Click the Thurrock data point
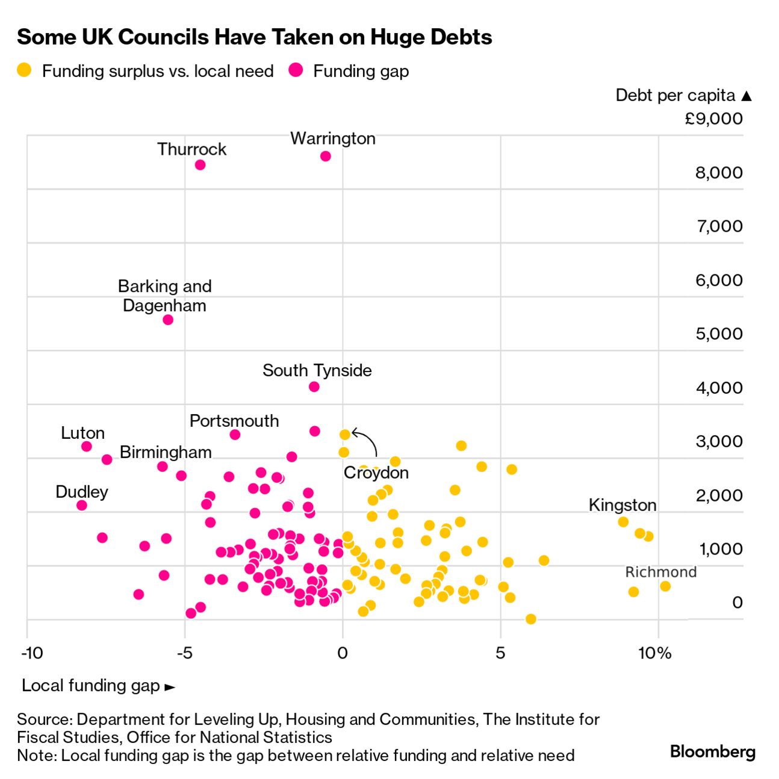[200, 165]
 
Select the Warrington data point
[326, 157]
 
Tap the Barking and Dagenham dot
[168, 320]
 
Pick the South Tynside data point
[314, 386]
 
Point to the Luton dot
[87, 446]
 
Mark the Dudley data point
[82, 505]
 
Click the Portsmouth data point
[235, 435]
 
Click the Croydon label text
[376, 473]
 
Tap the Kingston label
[622, 505]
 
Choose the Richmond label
[660, 572]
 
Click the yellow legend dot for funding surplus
[25, 70]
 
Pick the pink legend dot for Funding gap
[296, 70]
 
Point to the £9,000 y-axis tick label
[713, 119]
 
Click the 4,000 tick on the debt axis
[719, 388]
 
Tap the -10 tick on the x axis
[32, 653]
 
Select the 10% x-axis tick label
[654, 653]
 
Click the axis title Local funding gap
[91, 686]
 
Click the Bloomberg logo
[712, 751]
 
